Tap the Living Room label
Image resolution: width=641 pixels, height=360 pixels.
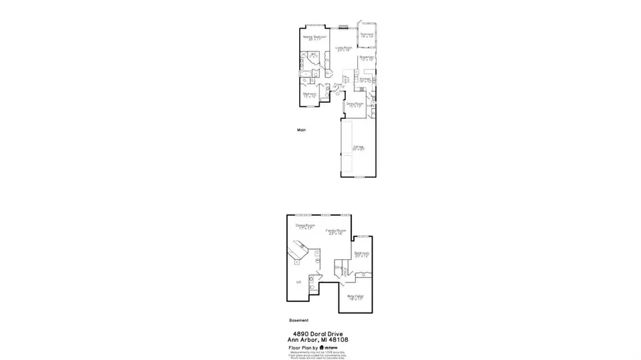pyautogui.click(x=344, y=48)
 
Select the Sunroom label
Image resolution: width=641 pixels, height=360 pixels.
pyautogui.click(x=367, y=33)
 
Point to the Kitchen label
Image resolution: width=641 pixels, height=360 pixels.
pyautogui.click(x=365, y=79)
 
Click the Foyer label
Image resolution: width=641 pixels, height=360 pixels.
pyautogui.click(x=339, y=84)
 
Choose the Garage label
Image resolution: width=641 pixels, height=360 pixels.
pyautogui.click(x=359, y=146)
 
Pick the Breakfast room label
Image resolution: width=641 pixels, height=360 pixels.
pyautogui.click(x=367, y=57)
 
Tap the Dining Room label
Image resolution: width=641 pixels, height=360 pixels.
pyautogui.click(x=355, y=104)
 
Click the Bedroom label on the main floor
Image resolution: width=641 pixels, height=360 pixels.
pyautogui.click(x=310, y=94)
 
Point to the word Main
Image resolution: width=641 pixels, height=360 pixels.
pyautogui.click(x=301, y=130)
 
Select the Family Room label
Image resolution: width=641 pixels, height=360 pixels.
pyautogui.click(x=334, y=231)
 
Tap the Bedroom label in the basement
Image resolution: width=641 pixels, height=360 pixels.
pyautogui.click(x=362, y=253)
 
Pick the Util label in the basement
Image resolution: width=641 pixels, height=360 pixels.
pyautogui.click(x=299, y=283)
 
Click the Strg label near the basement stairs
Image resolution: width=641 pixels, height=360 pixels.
pyautogui.click(x=339, y=268)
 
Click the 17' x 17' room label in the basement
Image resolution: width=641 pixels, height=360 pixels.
pyautogui.click(x=305, y=227)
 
